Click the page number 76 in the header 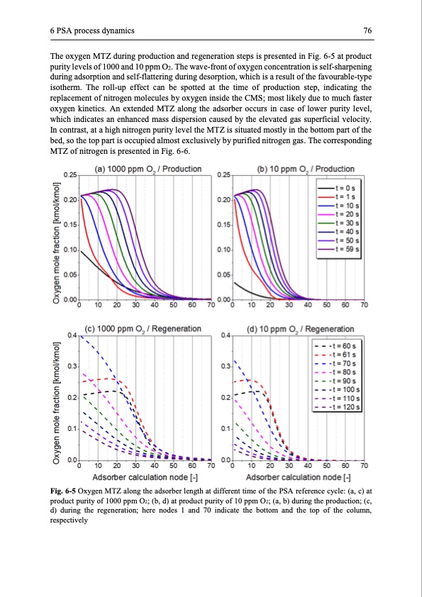(x=368, y=30)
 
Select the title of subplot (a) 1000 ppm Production (x=147, y=169)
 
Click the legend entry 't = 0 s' (x=346, y=186)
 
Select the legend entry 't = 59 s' (x=346, y=249)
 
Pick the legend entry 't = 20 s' (x=346, y=213)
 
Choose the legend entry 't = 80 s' (x=346, y=371)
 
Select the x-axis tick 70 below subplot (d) (x=364, y=466)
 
